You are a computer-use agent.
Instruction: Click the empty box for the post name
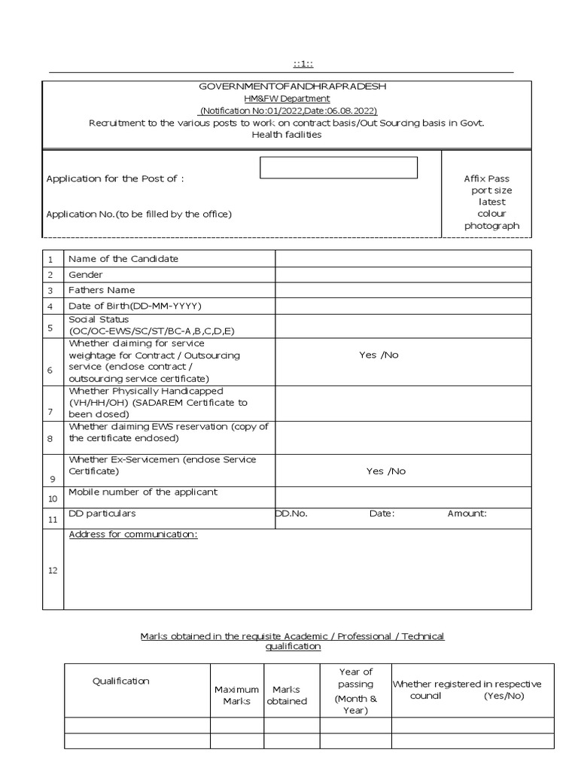tap(338, 167)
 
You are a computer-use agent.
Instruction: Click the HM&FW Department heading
tap(286, 99)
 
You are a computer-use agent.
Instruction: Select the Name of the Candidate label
tap(123, 259)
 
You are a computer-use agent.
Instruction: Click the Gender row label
tap(86, 275)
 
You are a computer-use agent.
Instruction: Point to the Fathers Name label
tap(102, 290)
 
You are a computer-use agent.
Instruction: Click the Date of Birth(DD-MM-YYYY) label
tap(135, 306)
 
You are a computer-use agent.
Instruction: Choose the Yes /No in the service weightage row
tap(379, 355)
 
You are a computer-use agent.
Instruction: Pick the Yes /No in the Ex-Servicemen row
tap(385, 471)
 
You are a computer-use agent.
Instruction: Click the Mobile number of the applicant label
tap(143, 492)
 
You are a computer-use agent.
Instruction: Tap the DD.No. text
tap(291, 513)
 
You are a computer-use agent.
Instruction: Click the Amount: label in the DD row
tap(467, 513)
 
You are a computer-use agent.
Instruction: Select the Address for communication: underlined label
tap(133, 535)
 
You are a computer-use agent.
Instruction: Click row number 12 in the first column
tap(53, 570)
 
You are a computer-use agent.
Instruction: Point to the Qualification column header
tap(120, 681)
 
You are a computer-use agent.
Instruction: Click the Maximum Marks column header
tap(236, 695)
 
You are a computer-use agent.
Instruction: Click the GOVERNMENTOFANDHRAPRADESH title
tap(292, 87)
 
